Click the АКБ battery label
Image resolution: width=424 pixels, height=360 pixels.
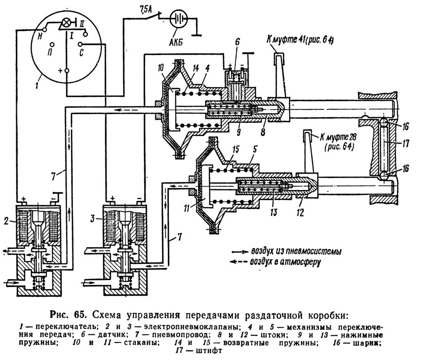tap(177, 42)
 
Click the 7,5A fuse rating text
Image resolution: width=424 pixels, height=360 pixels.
tap(145, 11)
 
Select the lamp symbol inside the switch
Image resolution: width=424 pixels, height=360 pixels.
tap(66, 23)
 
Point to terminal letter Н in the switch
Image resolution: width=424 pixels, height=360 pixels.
tap(40, 36)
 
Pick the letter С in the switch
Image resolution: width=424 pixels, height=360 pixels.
tap(82, 53)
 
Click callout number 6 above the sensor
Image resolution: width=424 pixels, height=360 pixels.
tap(237, 42)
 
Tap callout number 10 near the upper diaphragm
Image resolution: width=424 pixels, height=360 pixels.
tap(161, 67)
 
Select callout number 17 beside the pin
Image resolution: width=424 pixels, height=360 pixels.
tap(405, 143)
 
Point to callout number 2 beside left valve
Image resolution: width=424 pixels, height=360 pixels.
tap(6, 222)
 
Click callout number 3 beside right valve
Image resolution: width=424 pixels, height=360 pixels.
tap(93, 219)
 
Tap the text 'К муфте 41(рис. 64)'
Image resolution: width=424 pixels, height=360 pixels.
tap(300, 40)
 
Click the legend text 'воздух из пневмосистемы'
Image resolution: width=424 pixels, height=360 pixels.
tap(296, 251)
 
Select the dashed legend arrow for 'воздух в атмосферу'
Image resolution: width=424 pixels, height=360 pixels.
tap(238, 262)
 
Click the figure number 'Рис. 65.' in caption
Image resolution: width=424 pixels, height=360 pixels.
tap(68, 315)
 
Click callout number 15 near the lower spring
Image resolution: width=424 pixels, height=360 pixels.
tap(236, 150)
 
